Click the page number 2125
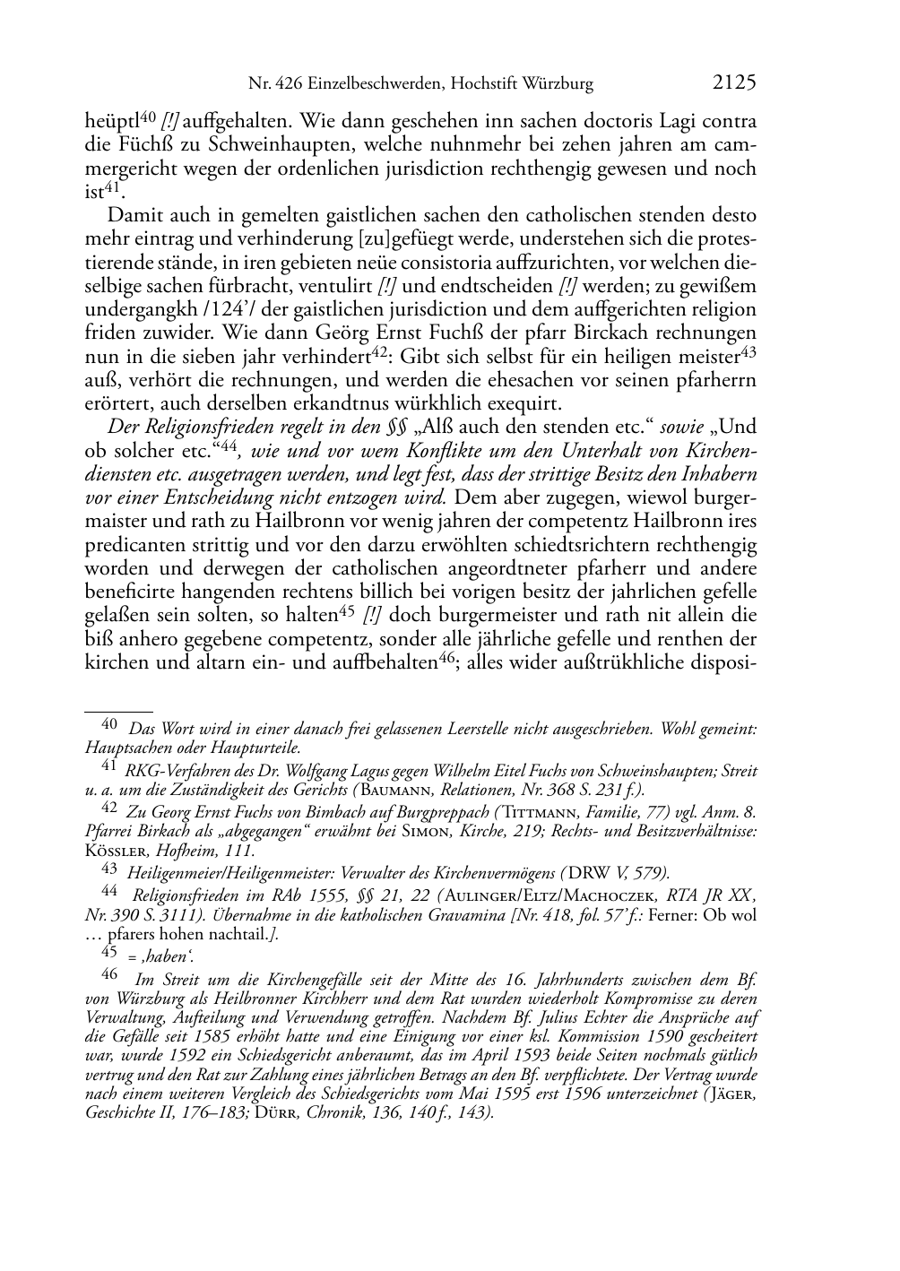[735, 83]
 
